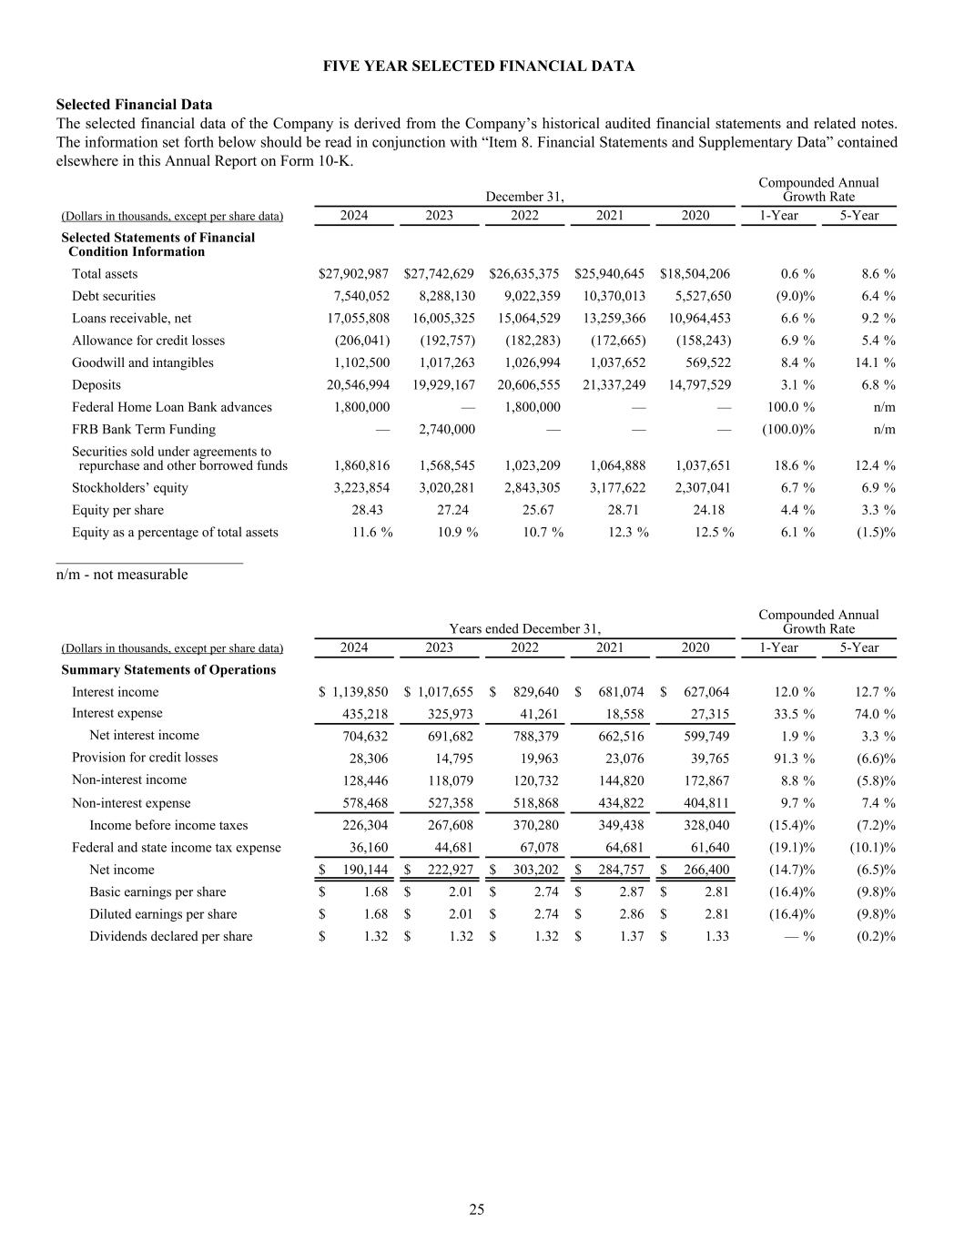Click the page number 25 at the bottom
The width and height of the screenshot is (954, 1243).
point(477,1209)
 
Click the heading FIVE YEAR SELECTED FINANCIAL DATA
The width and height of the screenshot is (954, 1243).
point(479,66)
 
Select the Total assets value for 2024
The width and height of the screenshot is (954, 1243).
point(354,274)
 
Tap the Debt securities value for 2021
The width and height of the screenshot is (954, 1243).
point(610,296)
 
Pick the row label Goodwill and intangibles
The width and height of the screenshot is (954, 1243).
point(143,362)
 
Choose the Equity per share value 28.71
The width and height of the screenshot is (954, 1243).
point(628,510)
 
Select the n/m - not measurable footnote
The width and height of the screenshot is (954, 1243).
point(122,575)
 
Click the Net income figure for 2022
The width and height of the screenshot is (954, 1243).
point(530,870)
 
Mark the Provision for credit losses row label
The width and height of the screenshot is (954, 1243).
point(145,758)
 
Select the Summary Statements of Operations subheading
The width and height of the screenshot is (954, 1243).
point(168,670)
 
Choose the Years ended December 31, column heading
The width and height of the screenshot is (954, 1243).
point(524,628)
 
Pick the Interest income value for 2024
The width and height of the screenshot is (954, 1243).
point(359,692)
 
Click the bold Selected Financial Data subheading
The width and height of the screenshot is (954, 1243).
point(134,105)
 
